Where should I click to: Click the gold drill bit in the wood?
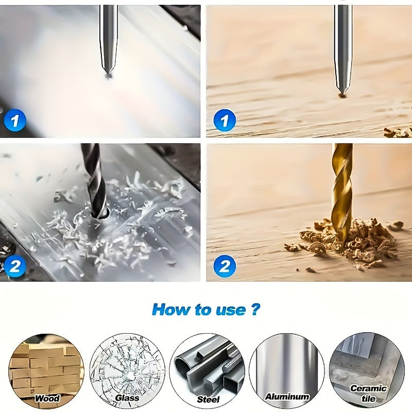(341, 191)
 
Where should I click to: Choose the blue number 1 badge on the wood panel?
(224, 122)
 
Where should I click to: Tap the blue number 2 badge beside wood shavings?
(224, 266)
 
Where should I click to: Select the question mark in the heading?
(255, 310)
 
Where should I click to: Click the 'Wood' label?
(47, 398)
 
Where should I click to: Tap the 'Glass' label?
(127, 398)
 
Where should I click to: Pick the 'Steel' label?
(208, 399)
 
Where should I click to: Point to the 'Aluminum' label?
(287, 397)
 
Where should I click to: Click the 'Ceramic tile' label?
(368, 393)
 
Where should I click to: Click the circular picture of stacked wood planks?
(46, 367)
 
